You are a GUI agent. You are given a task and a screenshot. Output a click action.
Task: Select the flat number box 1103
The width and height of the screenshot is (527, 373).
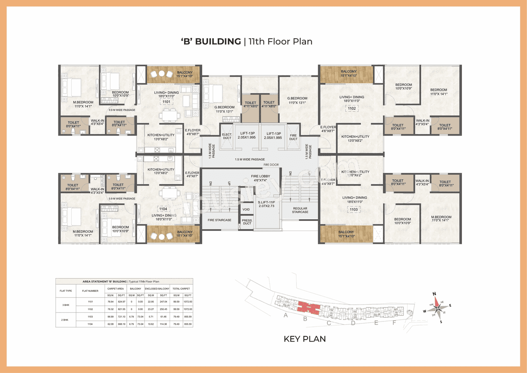pos(354,209)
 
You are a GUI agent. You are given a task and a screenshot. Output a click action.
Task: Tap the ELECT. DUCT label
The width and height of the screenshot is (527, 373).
pos(227,136)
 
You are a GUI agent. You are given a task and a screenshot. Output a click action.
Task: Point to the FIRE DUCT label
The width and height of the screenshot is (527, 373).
pos(293,137)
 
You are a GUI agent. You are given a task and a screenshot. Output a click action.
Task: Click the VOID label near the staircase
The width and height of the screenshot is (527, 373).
pos(246,209)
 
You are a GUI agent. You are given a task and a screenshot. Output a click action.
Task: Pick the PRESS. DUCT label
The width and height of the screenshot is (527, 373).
pos(247,221)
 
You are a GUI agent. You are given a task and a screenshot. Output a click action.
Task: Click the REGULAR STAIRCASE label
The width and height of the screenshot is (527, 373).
pos(300,210)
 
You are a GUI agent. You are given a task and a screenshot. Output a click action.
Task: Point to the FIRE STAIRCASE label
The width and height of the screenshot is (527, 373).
pos(219,220)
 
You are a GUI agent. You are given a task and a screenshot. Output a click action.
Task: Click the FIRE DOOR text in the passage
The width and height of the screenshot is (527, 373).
pos(271,165)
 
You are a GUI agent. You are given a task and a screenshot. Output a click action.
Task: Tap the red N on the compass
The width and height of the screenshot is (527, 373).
pos(434,294)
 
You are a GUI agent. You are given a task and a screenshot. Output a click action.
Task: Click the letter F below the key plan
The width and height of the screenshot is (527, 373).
pos(394,323)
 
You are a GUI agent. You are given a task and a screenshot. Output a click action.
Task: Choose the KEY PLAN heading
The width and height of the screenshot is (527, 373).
pos(305,339)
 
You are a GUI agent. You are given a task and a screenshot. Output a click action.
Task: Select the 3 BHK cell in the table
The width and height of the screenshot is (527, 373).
pos(66,305)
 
